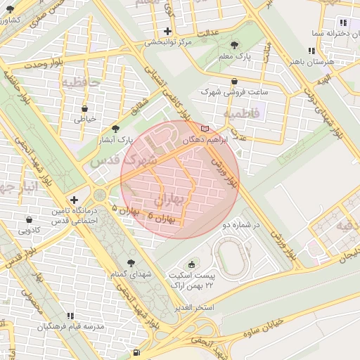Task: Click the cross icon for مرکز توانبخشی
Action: click(167, 32)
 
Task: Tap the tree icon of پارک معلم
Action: click(234, 45)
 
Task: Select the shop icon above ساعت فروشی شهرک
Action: click(233, 82)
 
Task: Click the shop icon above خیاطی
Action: click(85, 109)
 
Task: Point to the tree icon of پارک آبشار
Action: click(115, 129)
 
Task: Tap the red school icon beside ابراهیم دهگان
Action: click(205, 129)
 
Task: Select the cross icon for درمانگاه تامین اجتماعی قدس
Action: click(75, 200)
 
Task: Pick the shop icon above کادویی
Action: click(29, 219)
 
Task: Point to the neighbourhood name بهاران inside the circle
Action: click(167, 201)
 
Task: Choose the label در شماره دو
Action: click(241, 225)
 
